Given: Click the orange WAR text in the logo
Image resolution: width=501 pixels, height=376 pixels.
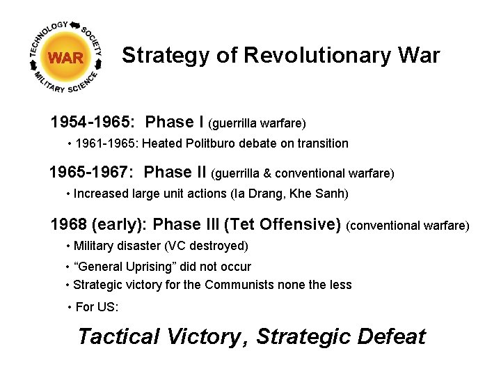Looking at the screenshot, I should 66,58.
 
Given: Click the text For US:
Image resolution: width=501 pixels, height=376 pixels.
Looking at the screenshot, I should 97,307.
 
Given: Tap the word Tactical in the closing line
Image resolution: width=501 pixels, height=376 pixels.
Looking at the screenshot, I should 119,337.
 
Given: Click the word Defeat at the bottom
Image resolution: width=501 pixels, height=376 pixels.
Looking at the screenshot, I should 390,337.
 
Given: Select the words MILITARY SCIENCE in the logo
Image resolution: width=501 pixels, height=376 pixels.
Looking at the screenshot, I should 66,86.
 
